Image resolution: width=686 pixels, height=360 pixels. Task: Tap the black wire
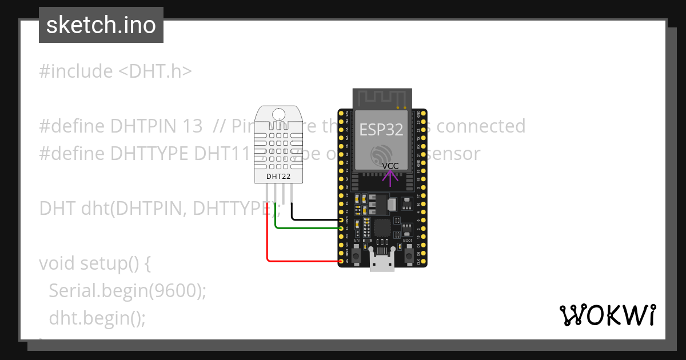314,219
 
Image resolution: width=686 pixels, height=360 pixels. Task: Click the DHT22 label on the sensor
278,177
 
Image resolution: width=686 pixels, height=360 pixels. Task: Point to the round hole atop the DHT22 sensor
278,114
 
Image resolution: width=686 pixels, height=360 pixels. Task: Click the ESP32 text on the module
381,129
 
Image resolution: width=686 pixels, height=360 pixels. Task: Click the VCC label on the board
390,166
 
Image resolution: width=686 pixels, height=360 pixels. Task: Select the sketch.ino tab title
101,25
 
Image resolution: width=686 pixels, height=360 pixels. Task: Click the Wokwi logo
607,315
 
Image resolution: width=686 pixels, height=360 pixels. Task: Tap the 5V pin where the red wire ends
341,261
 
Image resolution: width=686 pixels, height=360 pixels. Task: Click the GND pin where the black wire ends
341,219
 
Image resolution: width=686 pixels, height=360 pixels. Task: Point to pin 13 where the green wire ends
341,228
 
